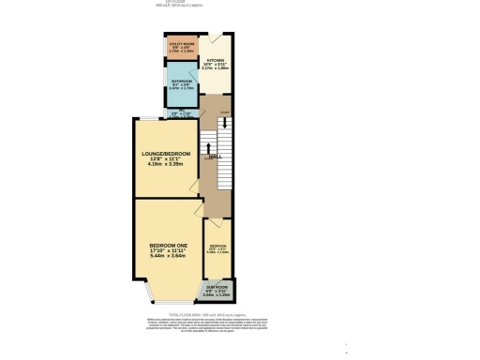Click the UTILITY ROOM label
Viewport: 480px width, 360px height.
click(x=181, y=43)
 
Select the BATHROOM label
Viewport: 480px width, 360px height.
click(x=181, y=82)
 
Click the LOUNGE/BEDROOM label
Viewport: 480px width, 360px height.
click(x=166, y=154)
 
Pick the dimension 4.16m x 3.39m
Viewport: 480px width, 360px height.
click(x=166, y=167)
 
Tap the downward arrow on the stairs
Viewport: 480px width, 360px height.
click(x=224, y=123)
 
